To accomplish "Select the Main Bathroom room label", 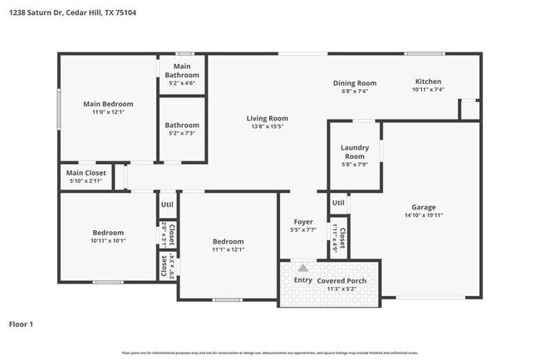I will (182, 71).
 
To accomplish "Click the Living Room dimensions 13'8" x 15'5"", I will (267, 127).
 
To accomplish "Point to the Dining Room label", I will (355, 82).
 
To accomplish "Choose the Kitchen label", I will (430, 81).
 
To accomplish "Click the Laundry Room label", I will (355, 151).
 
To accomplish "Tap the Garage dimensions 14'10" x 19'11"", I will (424, 216).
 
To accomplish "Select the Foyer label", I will (303, 222).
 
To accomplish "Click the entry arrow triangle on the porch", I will (303, 268).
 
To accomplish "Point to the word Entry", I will (304, 280).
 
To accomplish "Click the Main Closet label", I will (86, 173).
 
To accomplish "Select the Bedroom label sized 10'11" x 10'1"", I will (108, 233).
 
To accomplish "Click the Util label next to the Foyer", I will (338, 202).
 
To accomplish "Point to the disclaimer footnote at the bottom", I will (270, 353).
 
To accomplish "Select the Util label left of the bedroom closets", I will (167, 204).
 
